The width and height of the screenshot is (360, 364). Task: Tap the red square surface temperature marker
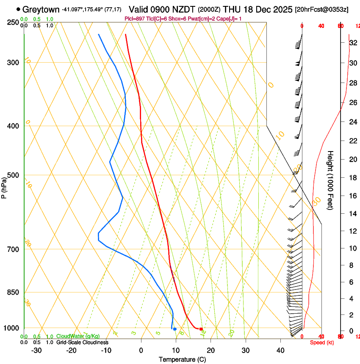pos(201,329)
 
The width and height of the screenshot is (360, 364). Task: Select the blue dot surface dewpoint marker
pos(174,329)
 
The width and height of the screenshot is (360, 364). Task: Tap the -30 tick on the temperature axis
pos(36,350)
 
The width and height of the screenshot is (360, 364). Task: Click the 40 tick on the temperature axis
pos(280,350)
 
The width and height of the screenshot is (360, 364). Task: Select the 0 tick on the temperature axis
pos(141,350)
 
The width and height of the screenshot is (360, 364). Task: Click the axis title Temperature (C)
pos(182,359)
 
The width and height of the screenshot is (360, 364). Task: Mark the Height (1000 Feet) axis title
pos(330,180)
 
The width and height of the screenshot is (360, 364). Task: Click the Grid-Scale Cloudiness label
pos(82,342)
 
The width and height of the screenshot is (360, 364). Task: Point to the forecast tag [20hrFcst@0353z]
pos(322,9)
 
